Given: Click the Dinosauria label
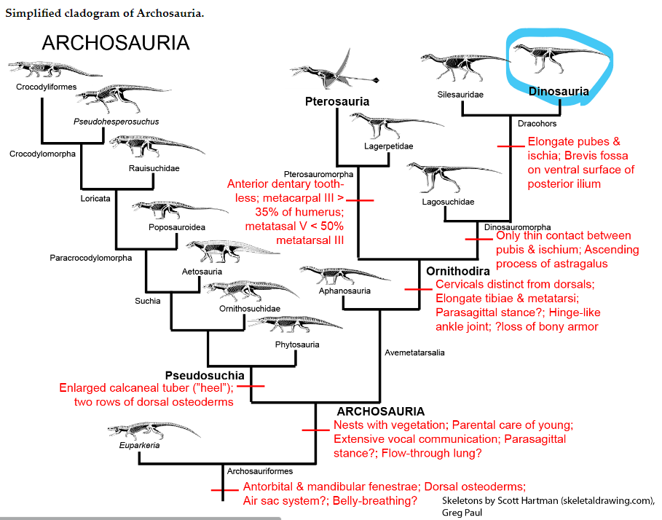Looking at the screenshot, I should (559, 91).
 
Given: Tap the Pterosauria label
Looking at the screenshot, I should (336, 101).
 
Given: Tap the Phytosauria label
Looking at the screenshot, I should (297, 344).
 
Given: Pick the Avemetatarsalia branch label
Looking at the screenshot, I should (414, 352).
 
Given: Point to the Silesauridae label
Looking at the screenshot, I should (460, 94).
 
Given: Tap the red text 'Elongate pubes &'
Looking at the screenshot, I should (574, 141).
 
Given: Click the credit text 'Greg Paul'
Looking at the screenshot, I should (462, 512).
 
